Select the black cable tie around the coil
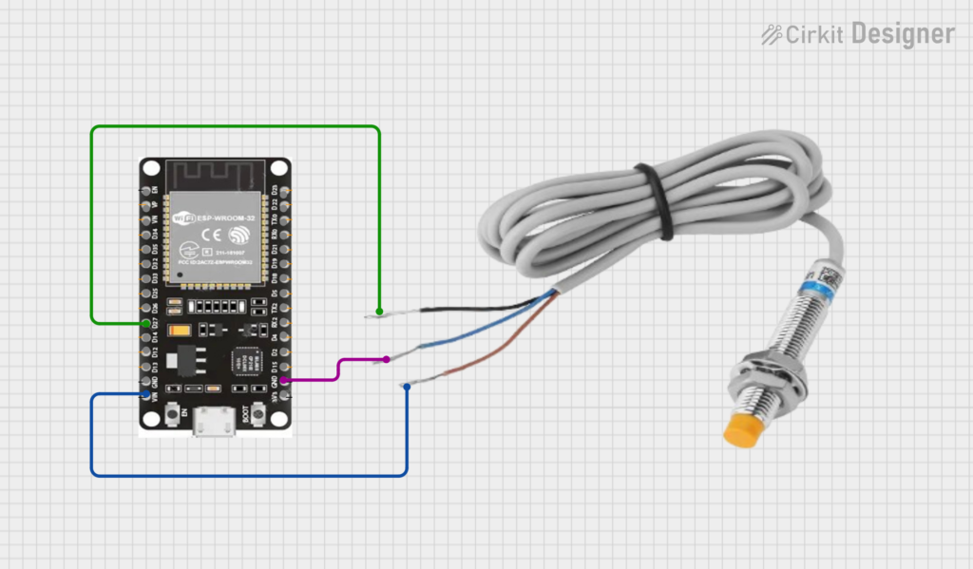(657, 200)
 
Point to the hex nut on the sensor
(767, 377)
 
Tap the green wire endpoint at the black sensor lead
(379, 312)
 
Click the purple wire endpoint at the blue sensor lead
(387, 359)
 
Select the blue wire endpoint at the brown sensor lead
(407, 385)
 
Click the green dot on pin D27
(145, 324)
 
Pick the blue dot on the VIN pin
(145, 394)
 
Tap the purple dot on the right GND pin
(283, 380)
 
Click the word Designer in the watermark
(903, 34)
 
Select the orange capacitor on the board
(178, 332)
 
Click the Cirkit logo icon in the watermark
(772, 35)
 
